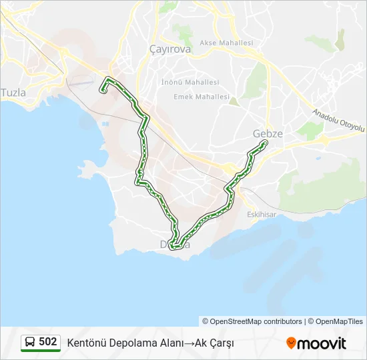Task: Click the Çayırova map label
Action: (170, 49)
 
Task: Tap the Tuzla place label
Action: (14, 93)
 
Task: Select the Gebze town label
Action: (268, 133)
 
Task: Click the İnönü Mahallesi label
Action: (190, 82)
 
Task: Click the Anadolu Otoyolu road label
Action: (340, 118)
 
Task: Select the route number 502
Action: (48, 341)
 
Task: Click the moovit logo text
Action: (322, 343)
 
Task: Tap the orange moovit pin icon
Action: (291, 343)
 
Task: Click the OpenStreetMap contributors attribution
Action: (252, 321)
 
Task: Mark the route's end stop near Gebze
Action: (265, 143)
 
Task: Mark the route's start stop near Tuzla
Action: (103, 91)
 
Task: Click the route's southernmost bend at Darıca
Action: (174, 248)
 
